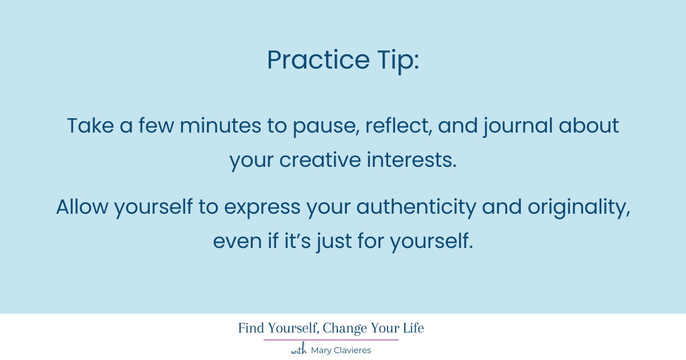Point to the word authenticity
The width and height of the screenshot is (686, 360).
[x=416, y=207]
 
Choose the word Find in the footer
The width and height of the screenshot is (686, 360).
[x=252, y=329]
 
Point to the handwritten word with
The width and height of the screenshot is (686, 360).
[x=299, y=350]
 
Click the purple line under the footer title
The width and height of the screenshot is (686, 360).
[x=331, y=340]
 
